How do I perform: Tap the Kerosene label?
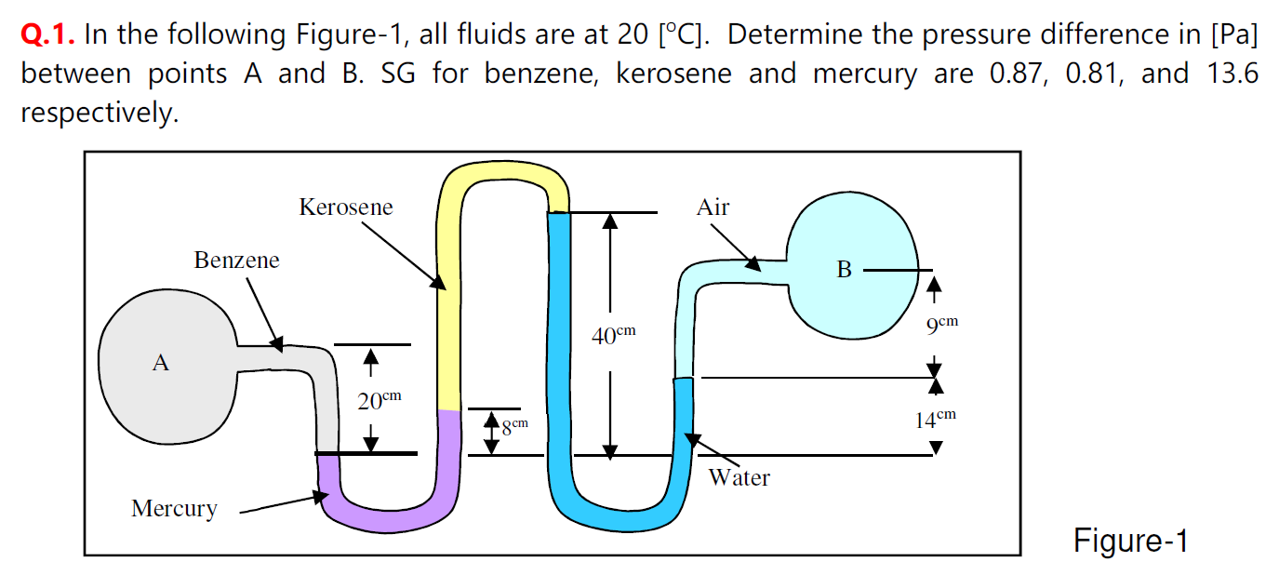point(346,207)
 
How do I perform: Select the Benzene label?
point(236,260)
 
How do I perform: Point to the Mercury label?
point(174,509)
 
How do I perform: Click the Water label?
point(739,478)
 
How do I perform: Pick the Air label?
point(713,207)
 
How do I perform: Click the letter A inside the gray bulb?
point(161,363)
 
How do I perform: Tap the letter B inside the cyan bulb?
point(844,270)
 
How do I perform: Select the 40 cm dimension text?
point(614,335)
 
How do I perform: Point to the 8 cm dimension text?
point(514,427)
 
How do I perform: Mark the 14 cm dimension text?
point(935,419)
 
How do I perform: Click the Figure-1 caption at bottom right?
point(1130,541)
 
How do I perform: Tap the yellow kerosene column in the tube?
point(448,307)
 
